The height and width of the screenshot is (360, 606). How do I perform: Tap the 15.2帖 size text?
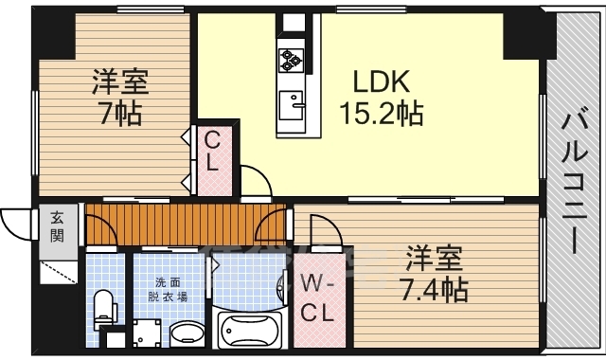pos(382,115)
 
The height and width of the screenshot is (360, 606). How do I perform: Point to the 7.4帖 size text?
pos(435,289)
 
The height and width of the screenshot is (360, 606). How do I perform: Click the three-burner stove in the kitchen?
pos(289,61)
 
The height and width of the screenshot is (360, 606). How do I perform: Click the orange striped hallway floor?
pos(180,225)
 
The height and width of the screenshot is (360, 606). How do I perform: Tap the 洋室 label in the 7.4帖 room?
pos(435,257)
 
